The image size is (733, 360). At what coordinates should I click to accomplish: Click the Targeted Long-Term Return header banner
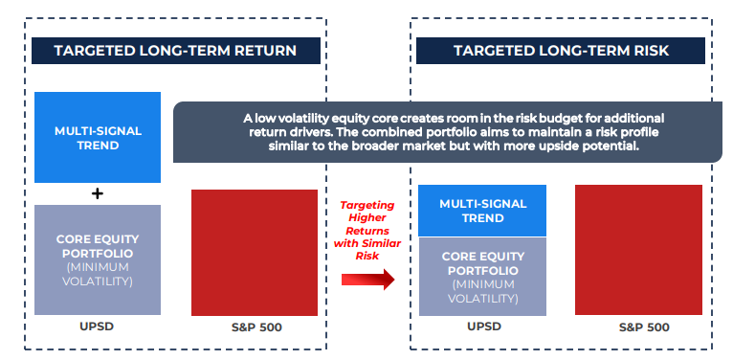click(x=174, y=50)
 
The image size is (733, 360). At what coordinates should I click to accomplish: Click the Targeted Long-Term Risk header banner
click(x=560, y=50)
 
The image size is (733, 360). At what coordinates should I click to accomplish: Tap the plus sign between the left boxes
click(x=98, y=193)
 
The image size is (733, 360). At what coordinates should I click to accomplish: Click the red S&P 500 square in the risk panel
click(x=637, y=250)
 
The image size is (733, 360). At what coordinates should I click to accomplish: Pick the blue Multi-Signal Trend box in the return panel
click(x=98, y=137)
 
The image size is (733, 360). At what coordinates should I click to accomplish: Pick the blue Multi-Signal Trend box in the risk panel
click(x=482, y=211)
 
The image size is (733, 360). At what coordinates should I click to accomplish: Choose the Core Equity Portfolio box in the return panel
click(x=98, y=259)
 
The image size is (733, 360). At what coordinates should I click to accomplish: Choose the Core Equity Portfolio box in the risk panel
click(x=482, y=277)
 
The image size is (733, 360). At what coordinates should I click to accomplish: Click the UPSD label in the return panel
click(x=98, y=326)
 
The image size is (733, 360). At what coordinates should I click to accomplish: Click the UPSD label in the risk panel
click(x=482, y=326)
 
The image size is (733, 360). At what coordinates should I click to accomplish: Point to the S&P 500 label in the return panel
click(x=255, y=327)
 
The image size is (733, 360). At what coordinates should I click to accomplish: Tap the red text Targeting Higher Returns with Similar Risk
click(x=366, y=230)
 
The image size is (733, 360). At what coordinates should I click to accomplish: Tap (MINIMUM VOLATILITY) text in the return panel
click(x=98, y=274)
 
